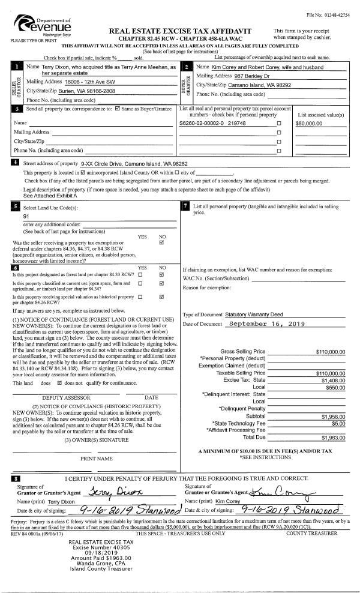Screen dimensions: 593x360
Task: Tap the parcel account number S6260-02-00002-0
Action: coord(200,123)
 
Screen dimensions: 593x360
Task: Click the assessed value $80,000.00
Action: coord(310,123)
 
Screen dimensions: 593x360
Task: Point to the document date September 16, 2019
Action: coord(268,325)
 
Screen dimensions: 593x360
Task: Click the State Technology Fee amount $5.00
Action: coord(340,423)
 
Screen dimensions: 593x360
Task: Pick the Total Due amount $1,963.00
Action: coord(333,438)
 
